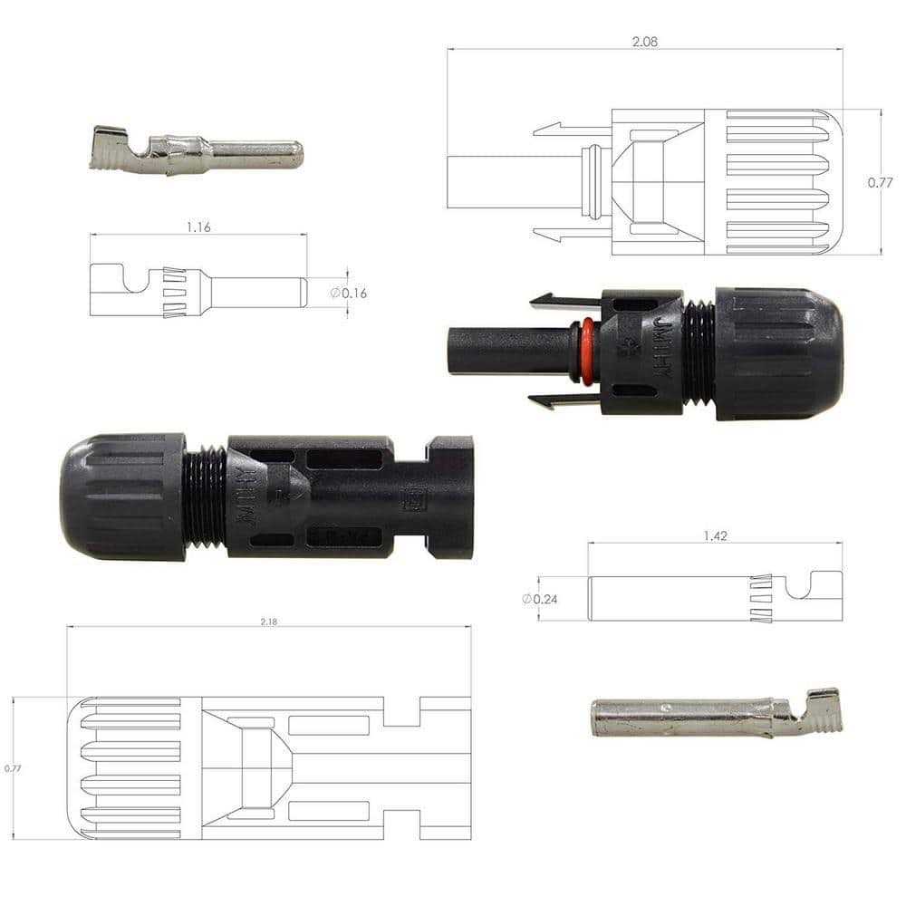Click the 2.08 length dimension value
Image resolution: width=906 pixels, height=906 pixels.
pos(645,41)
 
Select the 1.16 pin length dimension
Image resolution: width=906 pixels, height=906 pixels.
pos(198,227)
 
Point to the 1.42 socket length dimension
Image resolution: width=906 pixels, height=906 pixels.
pos(715,535)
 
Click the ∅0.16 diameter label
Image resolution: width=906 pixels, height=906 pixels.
pos(349,293)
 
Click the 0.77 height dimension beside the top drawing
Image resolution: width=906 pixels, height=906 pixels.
pos(880,182)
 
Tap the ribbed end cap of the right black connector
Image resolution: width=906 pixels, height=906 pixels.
pos(778,353)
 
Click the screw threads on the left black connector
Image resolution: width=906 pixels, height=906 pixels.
pos(205,496)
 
